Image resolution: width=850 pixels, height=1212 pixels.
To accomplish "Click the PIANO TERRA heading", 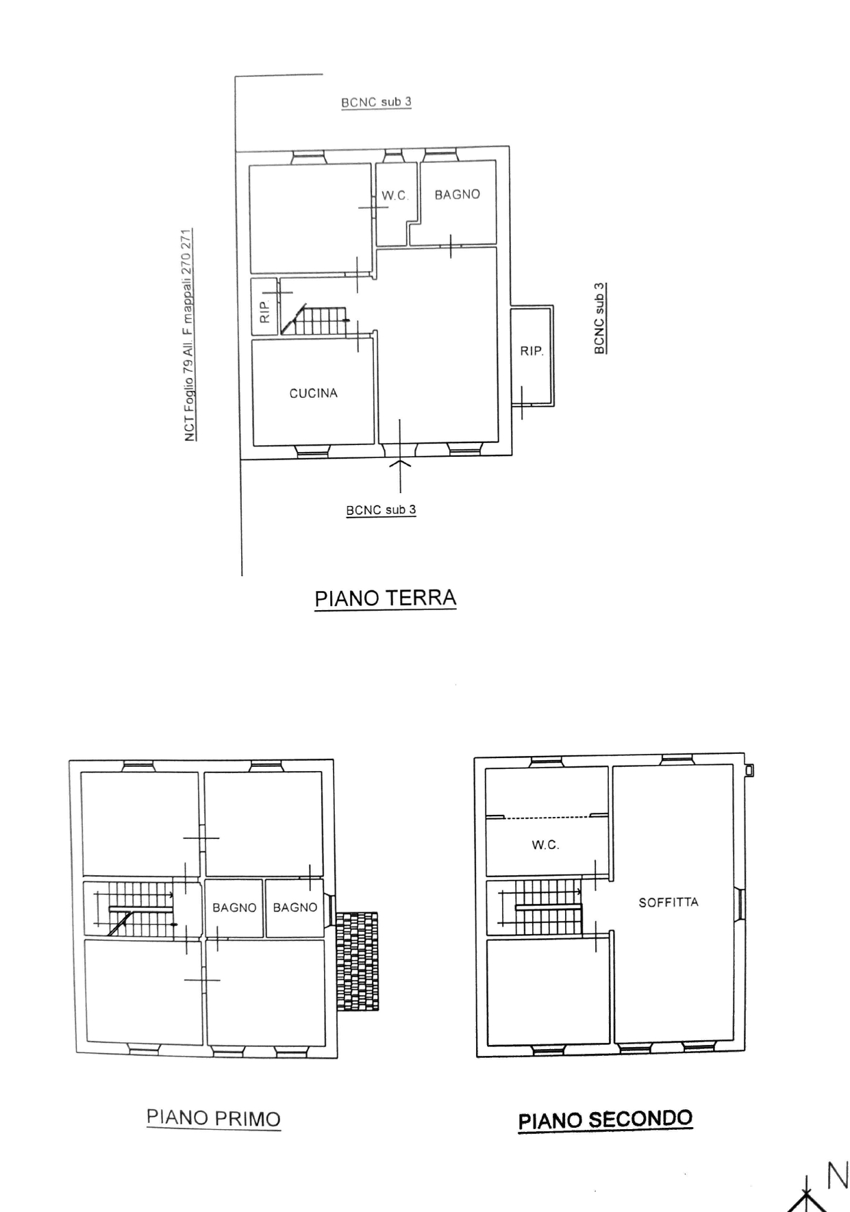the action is [x=385, y=598].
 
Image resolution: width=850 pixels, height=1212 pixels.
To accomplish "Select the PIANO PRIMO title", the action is [x=214, y=1118].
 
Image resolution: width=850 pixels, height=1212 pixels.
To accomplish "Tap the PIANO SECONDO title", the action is [x=605, y=1120].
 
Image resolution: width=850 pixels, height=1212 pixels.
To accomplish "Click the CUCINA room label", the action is [x=314, y=393].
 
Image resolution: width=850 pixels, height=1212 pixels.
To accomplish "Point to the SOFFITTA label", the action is [x=668, y=902].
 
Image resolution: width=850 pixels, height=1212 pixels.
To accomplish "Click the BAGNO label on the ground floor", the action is [x=458, y=194].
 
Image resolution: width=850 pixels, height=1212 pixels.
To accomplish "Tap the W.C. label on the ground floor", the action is [x=395, y=195].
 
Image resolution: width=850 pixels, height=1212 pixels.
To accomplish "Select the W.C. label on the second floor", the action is [x=546, y=845].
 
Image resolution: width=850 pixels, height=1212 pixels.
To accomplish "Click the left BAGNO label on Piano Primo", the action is [x=234, y=907].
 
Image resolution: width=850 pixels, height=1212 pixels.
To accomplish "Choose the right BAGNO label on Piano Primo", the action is [x=295, y=907].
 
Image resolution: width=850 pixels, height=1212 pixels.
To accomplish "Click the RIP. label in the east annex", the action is [x=532, y=351].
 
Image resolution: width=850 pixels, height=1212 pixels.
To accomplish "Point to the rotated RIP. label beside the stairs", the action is [x=265, y=312].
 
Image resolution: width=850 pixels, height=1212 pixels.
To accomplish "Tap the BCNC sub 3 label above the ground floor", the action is [x=376, y=102].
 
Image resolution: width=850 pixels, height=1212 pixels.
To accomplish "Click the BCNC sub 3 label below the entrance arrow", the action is [x=381, y=510].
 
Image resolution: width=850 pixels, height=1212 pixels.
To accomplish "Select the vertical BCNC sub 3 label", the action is [x=599, y=318].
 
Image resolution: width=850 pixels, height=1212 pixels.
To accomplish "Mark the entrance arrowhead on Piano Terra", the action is [x=400, y=464].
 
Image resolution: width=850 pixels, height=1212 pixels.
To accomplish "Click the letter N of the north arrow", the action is [x=838, y=1176].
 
